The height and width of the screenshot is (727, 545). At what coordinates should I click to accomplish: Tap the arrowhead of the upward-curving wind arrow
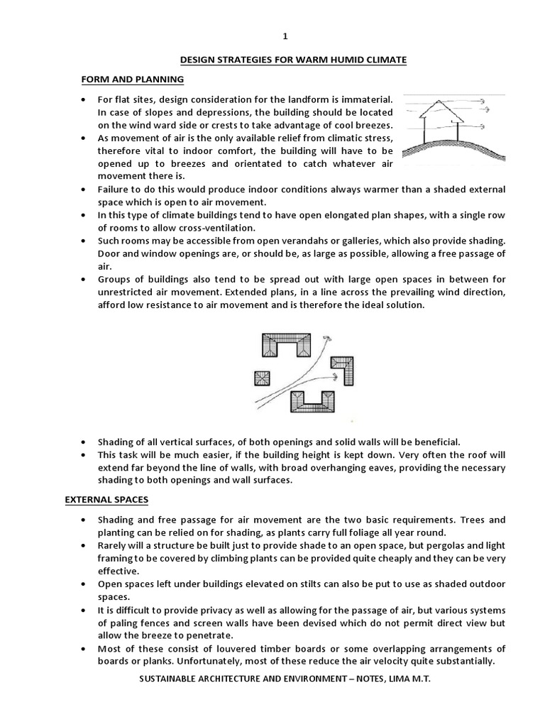(326, 339)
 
